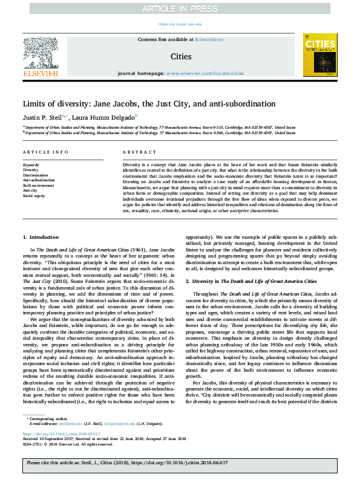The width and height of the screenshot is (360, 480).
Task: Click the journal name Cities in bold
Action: (x=180, y=57)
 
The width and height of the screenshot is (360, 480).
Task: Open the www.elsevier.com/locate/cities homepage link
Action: (x=205, y=73)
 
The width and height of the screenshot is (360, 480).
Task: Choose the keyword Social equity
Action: (x=33, y=195)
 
